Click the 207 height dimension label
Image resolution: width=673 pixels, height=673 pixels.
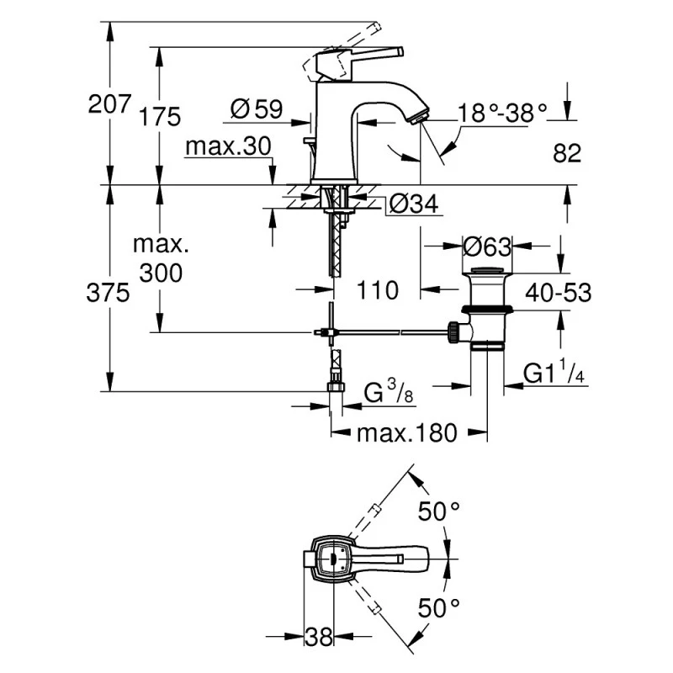(x=109, y=105)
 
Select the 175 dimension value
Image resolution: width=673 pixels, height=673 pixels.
(x=161, y=116)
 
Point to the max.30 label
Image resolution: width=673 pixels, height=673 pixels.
(x=228, y=146)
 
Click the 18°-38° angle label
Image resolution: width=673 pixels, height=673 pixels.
(x=501, y=113)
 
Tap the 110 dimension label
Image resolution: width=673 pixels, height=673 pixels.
(x=376, y=291)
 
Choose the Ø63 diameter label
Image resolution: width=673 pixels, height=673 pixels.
(x=487, y=247)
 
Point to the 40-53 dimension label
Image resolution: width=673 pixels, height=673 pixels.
(x=559, y=292)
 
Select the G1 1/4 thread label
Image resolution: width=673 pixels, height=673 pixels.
(x=554, y=374)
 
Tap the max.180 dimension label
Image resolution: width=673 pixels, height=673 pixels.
(x=406, y=433)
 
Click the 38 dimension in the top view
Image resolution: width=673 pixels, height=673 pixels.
(x=319, y=636)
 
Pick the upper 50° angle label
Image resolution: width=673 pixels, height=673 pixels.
(x=441, y=511)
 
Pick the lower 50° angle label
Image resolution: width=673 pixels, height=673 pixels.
(x=441, y=607)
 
